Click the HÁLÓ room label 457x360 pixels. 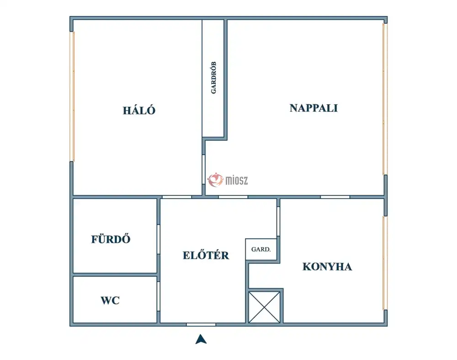(x=139, y=110)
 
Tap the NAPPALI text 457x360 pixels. (x=314, y=108)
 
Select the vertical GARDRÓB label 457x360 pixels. (x=213, y=78)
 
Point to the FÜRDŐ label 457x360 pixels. (x=111, y=239)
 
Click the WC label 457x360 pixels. (x=110, y=300)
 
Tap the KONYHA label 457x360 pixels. (x=327, y=267)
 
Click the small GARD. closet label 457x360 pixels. (x=261, y=249)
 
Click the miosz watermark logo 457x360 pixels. (x=228, y=180)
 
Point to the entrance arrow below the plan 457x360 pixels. (x=201, y=339)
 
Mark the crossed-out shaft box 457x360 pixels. (x=264, y=307)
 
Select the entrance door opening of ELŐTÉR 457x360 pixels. (x=201, y=324)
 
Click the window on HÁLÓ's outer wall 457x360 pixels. (x=72, y=96)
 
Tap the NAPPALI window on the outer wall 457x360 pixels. (x=385, y=99)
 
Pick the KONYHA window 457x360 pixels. (x=385, y=263)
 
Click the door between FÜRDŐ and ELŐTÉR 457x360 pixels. (x=159, y=239)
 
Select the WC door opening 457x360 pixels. (x=159, y=296)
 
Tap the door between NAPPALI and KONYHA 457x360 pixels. (x=335, y=197)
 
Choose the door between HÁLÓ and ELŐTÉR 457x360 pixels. (x=177, y=197)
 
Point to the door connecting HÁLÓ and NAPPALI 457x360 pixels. (x=204, y=169)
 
